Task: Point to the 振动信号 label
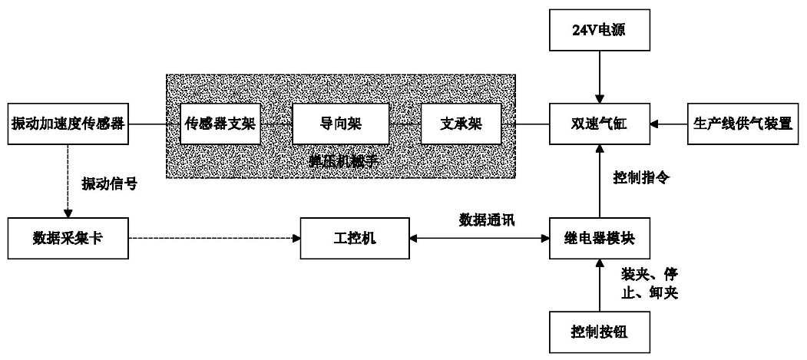[109, 184]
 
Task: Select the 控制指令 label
[642, 177]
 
